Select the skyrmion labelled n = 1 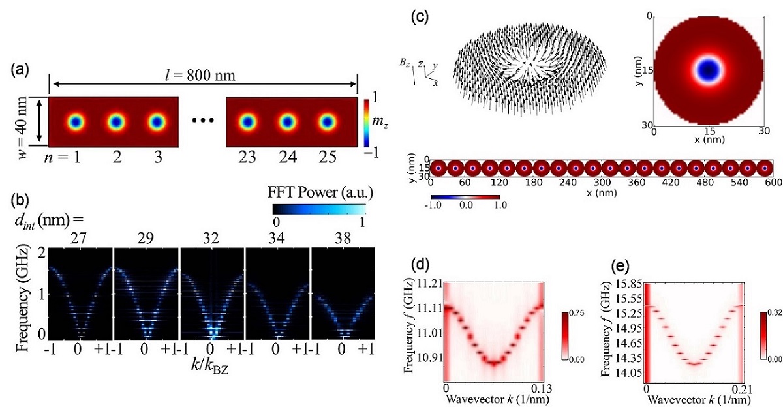coord(76,122)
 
